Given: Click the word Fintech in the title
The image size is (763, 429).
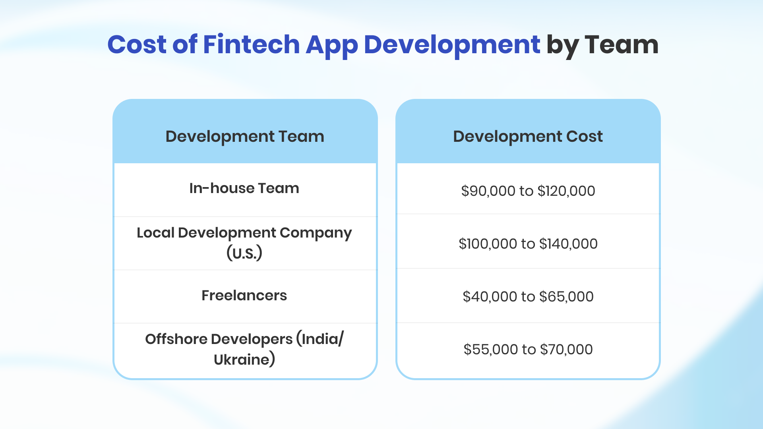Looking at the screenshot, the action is point(251,44).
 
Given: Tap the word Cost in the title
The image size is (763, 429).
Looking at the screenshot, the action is point(137,44).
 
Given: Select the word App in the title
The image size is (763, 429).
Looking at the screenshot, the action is point(332,46).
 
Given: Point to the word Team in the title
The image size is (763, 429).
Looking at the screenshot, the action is point(622,44).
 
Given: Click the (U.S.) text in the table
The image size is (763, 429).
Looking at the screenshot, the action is point(244,253).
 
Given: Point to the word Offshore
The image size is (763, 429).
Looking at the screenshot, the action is point(176,339).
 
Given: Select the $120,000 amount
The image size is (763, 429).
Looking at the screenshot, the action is point(566,191).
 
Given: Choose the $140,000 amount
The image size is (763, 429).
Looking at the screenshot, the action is point(568,244).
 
